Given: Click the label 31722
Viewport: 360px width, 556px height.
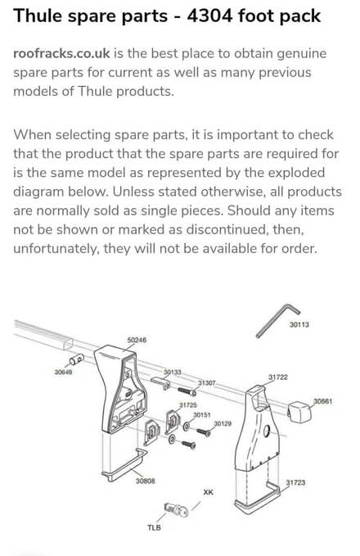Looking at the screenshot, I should coord(277,377).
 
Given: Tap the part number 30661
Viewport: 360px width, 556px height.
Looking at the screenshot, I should coord(323,401).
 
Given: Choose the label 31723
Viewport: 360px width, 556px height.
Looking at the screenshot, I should coord(295,483).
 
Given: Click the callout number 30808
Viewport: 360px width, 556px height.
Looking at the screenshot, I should coord(146,481).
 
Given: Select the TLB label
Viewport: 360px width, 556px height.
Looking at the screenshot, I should coord(154,527).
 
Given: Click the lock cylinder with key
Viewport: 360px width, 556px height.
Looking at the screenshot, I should coord(176,509).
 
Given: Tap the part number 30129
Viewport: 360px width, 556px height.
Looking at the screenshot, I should coord(223,423).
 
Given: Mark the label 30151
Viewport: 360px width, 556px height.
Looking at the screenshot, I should coord(202,415).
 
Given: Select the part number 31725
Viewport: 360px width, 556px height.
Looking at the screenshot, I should coord(187,405).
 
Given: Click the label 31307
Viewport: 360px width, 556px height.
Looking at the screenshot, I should coord(207,382).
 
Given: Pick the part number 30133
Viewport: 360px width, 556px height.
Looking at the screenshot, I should coord(172,372).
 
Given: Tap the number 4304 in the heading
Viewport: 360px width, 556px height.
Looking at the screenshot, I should coord(226,16).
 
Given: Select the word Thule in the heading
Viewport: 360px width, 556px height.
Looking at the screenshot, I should coord(39,16).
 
